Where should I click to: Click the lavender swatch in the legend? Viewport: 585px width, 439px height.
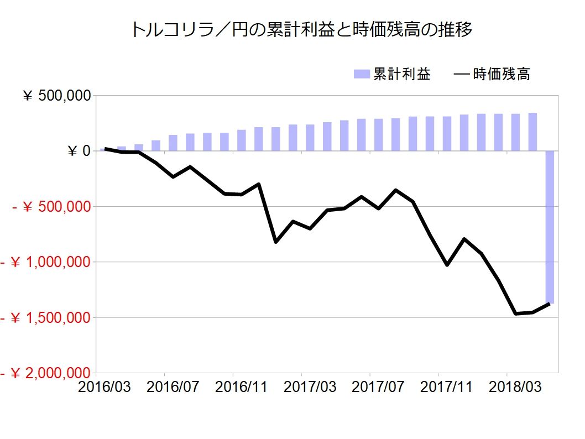(x=362, y=74)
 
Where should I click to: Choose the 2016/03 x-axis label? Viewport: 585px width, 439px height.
(x=105, y=387)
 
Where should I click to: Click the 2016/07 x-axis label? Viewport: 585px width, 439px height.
(x=173, y=387)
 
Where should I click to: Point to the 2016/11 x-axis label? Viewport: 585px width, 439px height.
(x=242, y=387)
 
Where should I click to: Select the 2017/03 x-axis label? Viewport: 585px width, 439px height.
(x=310, y=387)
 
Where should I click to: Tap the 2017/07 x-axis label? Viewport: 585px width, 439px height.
(x=378, y=387)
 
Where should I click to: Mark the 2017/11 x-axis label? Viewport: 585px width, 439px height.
(x=446, y=387)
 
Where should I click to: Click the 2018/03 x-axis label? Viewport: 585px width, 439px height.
(x=515, y=387)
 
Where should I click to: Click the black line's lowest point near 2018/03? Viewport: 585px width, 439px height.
(x=515, y=313)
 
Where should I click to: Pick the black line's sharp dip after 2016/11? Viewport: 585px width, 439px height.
(x=276, y=242)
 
